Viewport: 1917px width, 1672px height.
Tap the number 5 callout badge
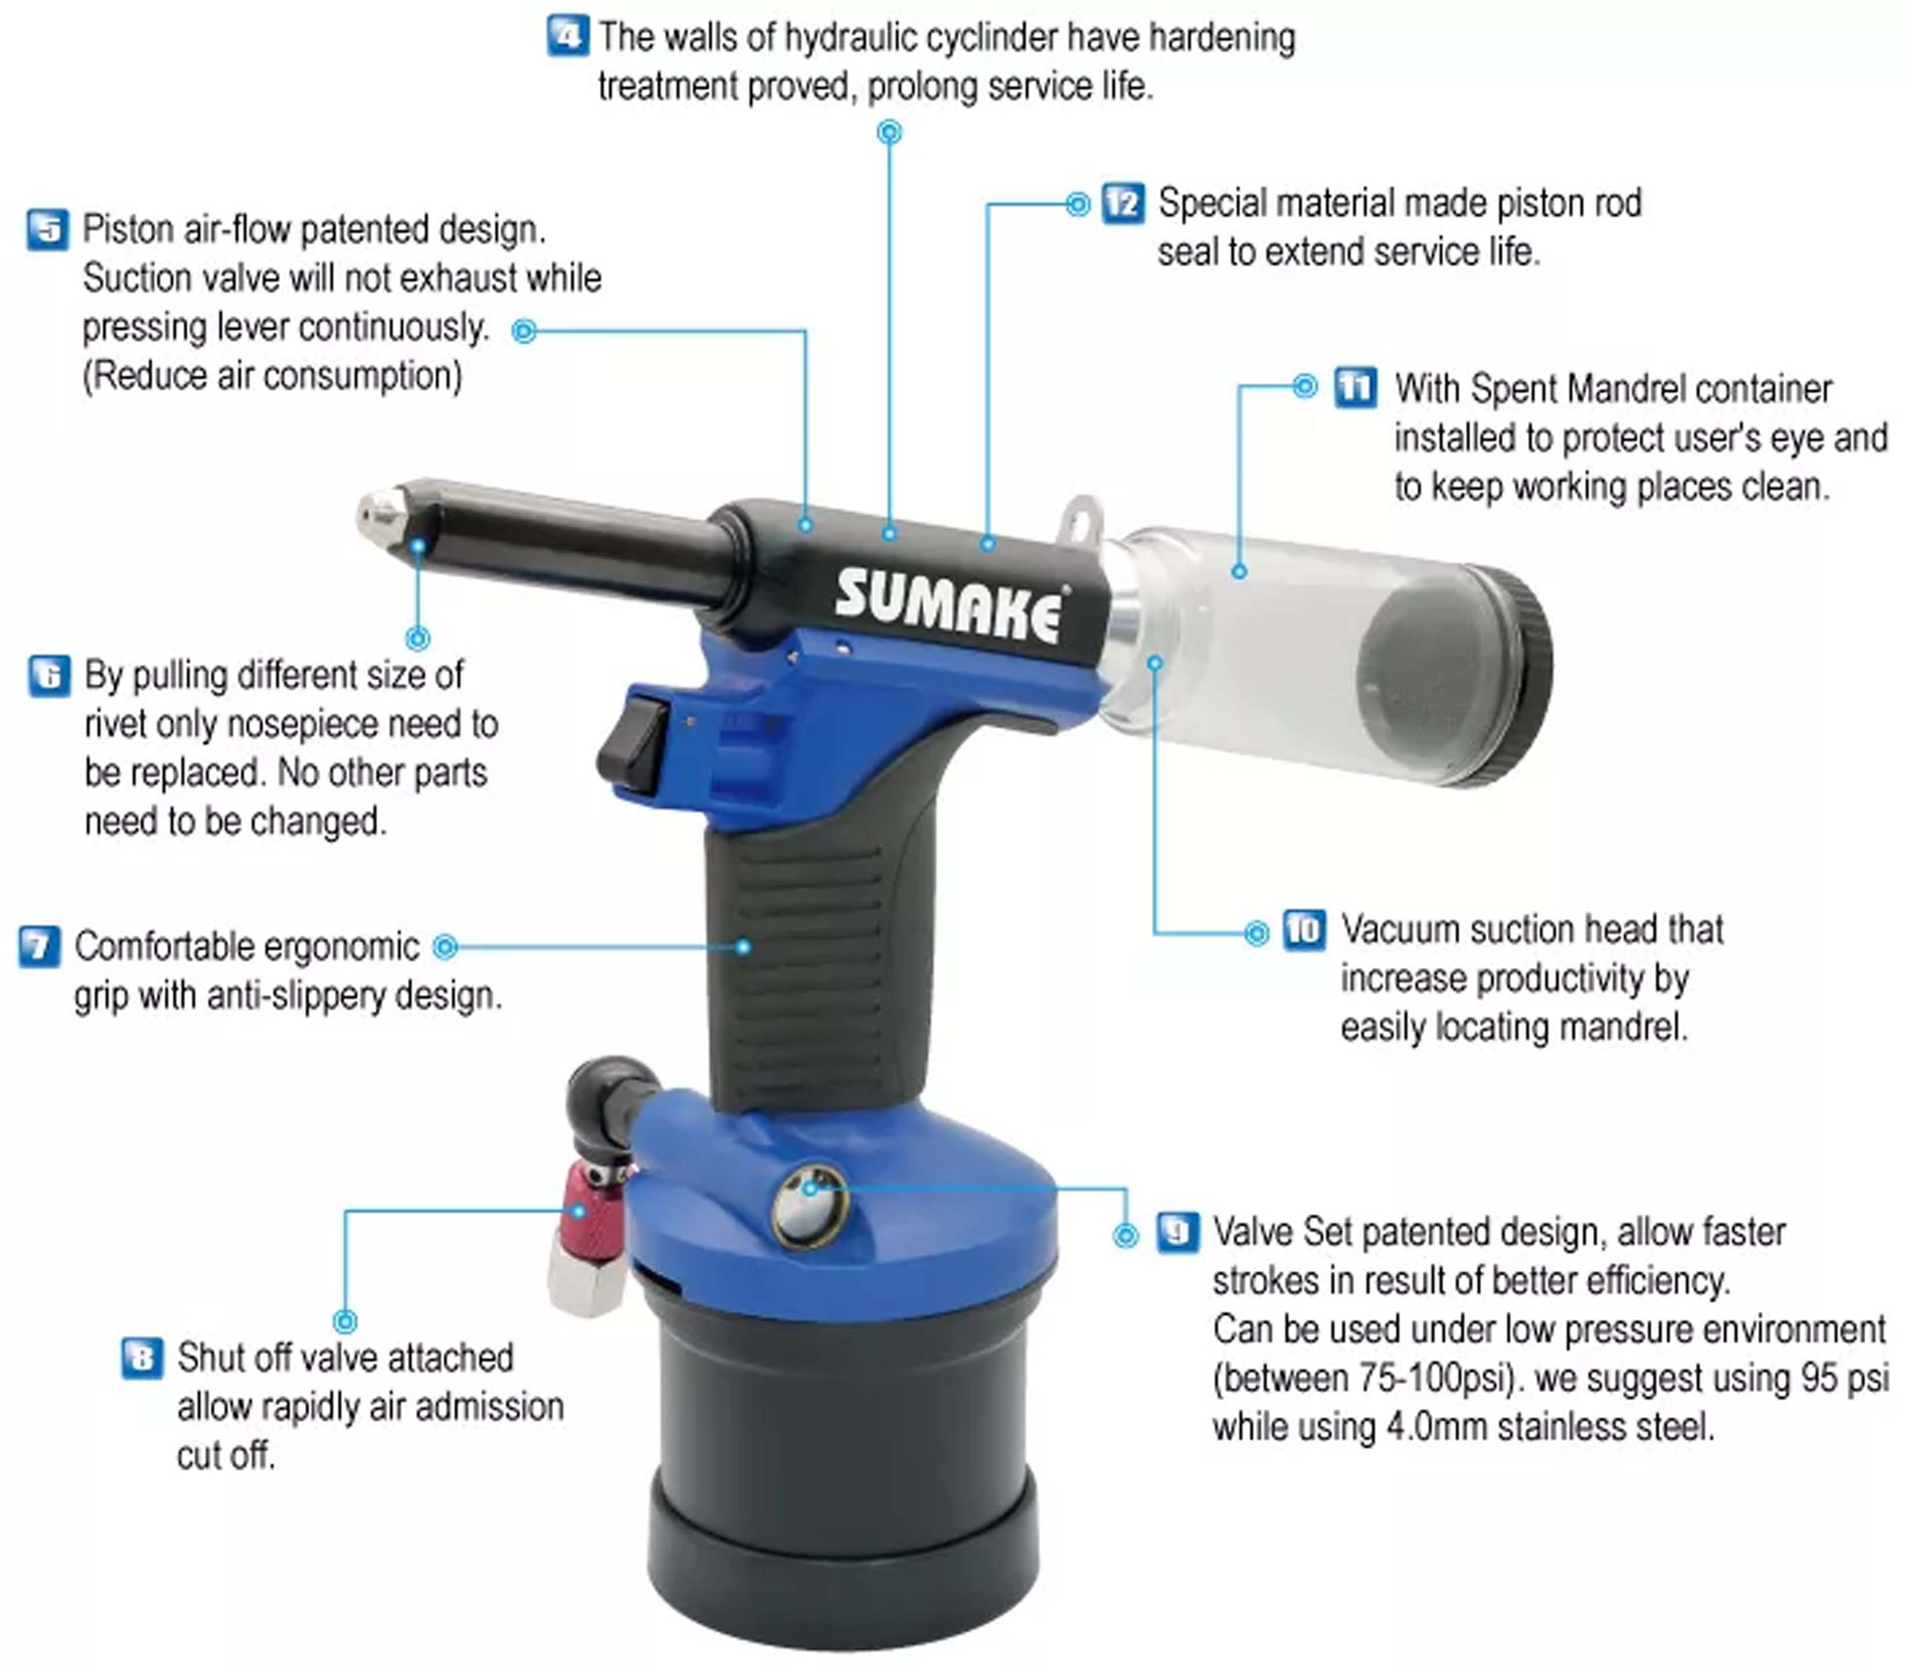pos(48,230)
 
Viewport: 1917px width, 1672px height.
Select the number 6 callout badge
pos(49,675)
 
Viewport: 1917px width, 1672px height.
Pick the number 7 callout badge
pos(40,947)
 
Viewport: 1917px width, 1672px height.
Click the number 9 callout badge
pos(1177,1233)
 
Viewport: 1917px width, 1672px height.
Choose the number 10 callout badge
pos(1304,930)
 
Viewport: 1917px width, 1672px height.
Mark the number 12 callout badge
pos(1123,204)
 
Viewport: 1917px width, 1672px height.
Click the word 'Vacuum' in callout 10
pos(1399,930)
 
